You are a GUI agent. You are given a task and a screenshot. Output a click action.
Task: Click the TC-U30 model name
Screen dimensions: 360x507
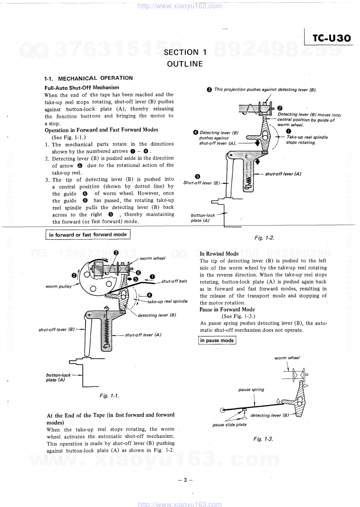[x=332, y=38]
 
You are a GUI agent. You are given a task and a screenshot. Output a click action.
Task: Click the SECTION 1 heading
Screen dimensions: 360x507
[x=185, y=52]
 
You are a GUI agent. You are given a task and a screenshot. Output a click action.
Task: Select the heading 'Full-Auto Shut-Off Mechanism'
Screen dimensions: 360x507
[x=82, y=88]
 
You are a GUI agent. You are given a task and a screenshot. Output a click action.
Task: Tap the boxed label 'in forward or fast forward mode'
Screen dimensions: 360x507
[x=88, y=235]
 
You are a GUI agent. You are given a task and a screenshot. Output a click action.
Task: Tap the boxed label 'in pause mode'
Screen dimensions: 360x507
[x=217, y=341]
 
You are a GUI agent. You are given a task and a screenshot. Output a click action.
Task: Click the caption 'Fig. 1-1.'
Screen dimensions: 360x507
[x=109, y=396]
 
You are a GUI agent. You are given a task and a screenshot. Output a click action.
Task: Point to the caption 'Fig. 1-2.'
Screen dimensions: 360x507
[x=264, y=238]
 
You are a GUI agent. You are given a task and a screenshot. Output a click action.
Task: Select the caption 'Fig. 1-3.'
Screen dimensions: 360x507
[x=263, y=439]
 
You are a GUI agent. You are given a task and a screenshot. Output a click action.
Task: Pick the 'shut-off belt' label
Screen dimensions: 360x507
[x=174, y=281]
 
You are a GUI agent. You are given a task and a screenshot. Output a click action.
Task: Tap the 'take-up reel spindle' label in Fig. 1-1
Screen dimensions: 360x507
[x=167, y=301]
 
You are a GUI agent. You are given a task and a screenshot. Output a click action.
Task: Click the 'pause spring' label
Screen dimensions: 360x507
[x=251, y=390]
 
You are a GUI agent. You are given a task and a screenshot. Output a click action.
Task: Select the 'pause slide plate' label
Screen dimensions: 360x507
[x=229, y=424]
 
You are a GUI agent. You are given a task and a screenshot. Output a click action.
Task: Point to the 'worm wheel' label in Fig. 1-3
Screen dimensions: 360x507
[x=287, y=358]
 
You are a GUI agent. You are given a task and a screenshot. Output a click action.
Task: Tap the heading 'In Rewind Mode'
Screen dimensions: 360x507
[x=219, y=254]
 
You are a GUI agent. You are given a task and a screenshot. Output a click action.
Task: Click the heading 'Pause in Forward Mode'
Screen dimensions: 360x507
[x=227, y=310]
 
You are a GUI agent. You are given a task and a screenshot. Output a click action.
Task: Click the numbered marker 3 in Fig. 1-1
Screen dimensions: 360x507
[x=116, y=253]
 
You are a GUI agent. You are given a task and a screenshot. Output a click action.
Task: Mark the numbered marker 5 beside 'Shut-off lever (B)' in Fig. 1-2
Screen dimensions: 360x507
[x=197, y=177]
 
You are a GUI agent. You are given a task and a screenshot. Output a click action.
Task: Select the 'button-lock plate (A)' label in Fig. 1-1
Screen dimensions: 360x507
[x=58, y=377]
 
